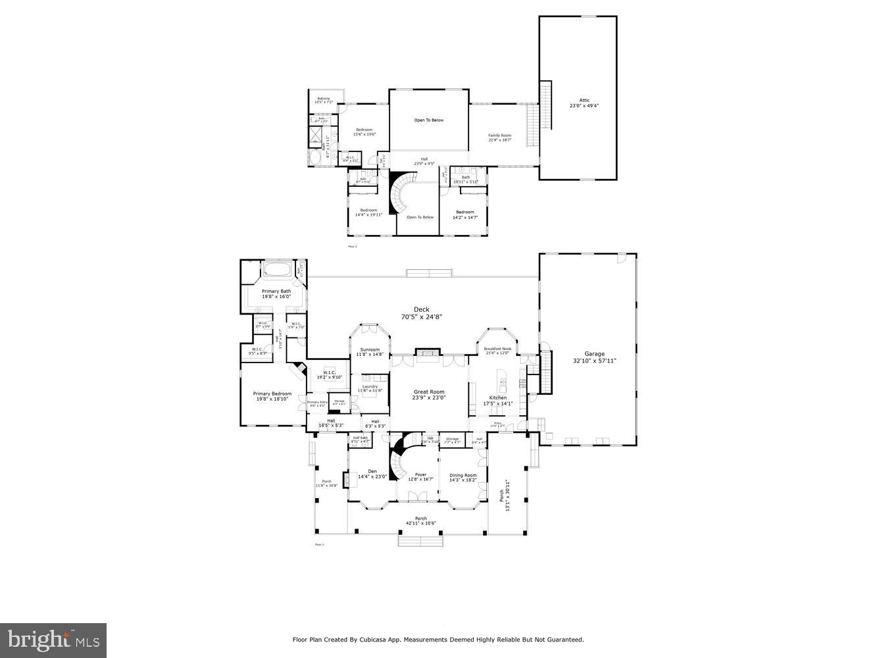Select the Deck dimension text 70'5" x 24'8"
421,317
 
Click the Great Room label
429,392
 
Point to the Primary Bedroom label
272,394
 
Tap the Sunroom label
370,349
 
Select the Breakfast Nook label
497,349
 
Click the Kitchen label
497,398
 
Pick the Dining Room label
463,475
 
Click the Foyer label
420,474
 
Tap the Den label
372,470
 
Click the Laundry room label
370,386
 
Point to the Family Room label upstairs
499,136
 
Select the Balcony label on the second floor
324,99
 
